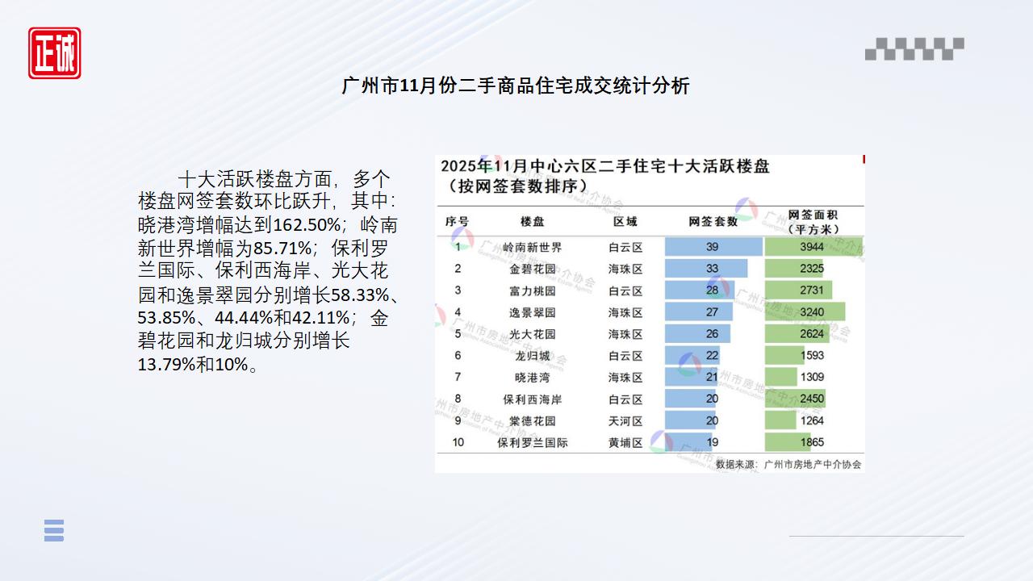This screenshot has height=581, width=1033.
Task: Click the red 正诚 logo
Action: tap(55, 53)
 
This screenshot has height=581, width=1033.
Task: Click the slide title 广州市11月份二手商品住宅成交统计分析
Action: tap(516, 86)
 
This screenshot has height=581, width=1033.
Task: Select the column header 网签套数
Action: tap(713, 221)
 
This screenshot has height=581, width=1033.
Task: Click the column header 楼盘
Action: tap(532, 221)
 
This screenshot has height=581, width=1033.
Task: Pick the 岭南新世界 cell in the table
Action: tap(532, 247)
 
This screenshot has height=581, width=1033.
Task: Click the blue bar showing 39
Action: tap(713, 247)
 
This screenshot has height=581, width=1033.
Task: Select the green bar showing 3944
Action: tap(811, 247)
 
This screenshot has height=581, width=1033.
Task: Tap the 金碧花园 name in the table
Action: tap(532, 269)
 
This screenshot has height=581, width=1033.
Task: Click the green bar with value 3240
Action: tap(805, 312)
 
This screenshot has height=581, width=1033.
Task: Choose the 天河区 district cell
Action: tap(625, 420)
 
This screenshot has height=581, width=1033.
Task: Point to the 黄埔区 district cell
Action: tap(625, 442)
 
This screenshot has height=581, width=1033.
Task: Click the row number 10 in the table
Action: tap(458, 442)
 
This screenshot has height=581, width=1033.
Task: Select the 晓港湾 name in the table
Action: tap(532, 377)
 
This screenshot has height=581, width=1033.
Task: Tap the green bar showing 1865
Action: tap(788, 442)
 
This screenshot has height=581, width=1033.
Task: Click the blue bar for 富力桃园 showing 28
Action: tap(700, 290)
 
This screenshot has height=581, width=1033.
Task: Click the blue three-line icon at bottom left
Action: tap(54, 530)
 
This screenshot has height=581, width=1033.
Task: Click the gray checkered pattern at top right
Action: tap(914, 48)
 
